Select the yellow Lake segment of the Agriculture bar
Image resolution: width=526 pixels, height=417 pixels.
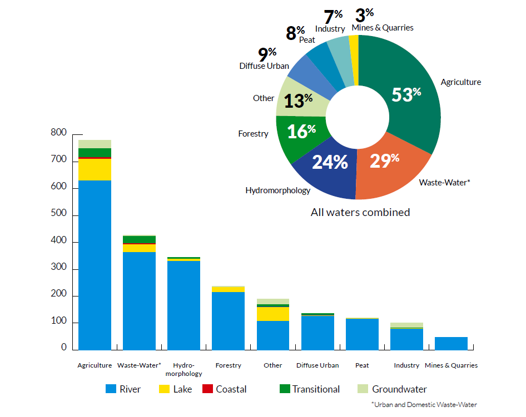pyautogui.click(x=95, y=169)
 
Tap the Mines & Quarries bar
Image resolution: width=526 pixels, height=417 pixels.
pyautogui.click(x=451, y=344)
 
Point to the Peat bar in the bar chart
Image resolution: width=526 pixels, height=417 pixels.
pyautogui.click(x=362, y=334)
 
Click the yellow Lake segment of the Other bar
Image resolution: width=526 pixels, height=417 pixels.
pyautogui.click(x=272, y=314)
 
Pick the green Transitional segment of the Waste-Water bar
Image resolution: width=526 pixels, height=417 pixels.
pyautogui.click(x=139, y=239)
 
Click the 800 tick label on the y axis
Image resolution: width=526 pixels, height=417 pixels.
pyautogui.click(x=58, y=133)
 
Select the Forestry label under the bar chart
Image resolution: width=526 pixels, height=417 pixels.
pyautogui.click(x=228, y=365)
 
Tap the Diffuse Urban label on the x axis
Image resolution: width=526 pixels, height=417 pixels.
pyautogui.click(x=317, y=365)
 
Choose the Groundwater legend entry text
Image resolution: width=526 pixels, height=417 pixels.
pyautogui.click(x=399, y=389)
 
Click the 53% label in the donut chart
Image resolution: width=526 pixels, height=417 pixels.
pyautogui.click(x=406, y=94)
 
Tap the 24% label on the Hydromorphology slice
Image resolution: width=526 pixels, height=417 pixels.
pyautogui.click(x=330, y=162)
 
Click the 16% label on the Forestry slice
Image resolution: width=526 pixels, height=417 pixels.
pyautogui.click(x=301, y=132)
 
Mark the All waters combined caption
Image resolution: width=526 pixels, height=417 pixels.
pyautogui.click(x=360, y=212)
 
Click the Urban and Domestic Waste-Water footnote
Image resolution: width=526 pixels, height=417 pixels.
pyautogui.click(x=424, y=404)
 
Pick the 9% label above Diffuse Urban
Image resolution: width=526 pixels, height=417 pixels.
pyautogui.click(x=267, y=54)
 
